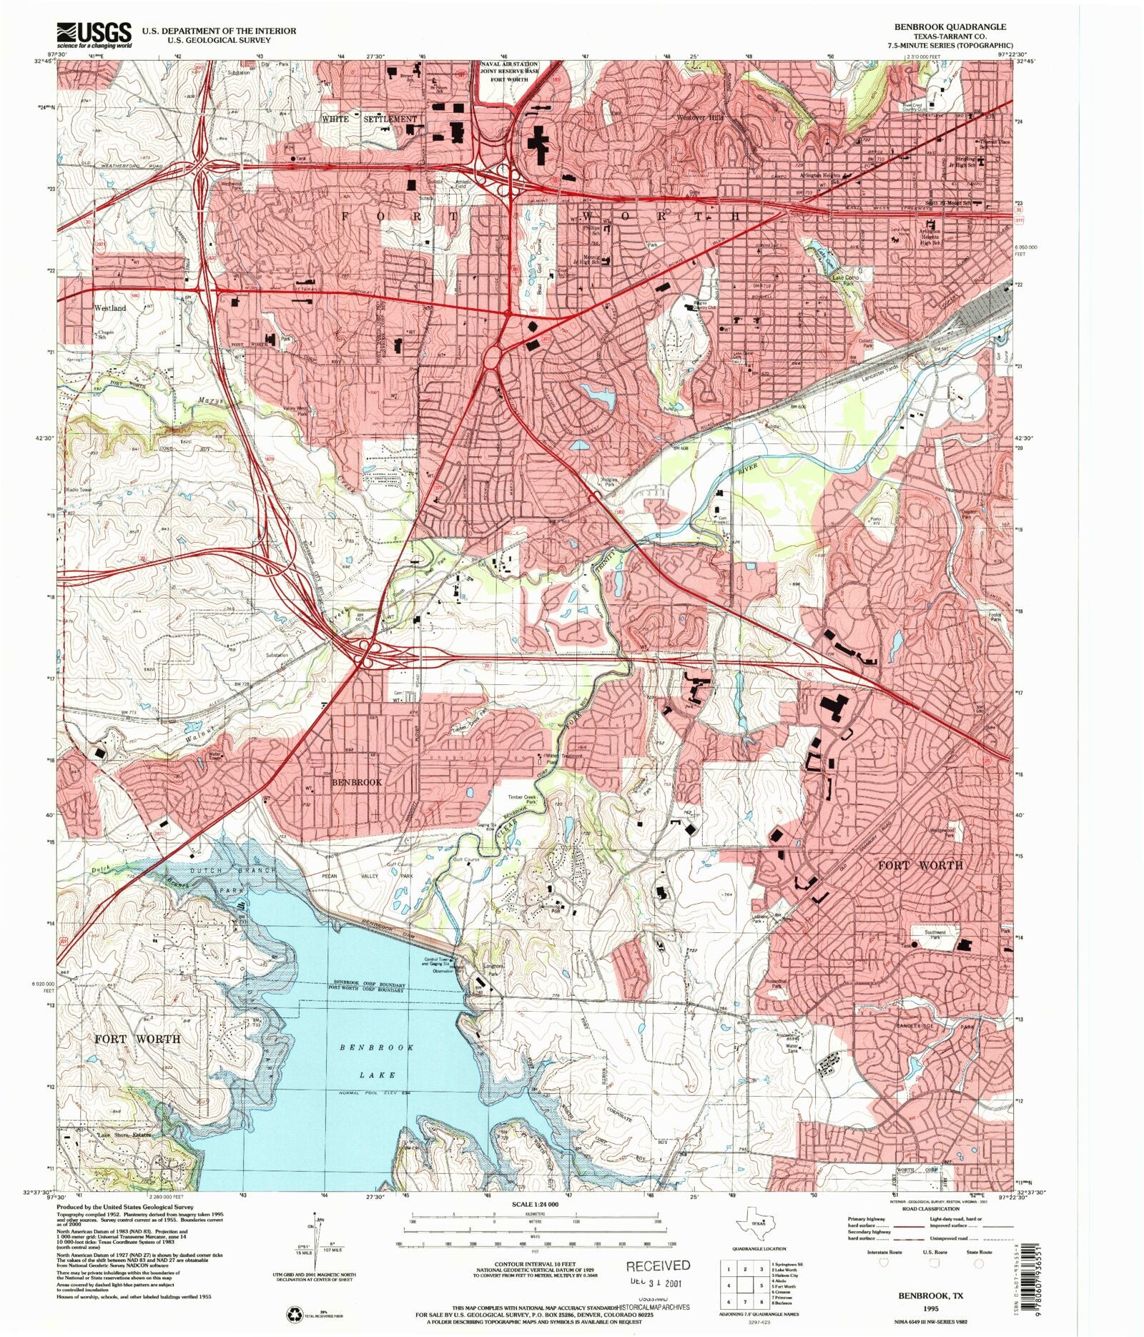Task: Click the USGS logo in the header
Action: coord(94,34)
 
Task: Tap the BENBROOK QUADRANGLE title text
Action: coord(950,26)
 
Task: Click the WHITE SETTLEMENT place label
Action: coord(369,119)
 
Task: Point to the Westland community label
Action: coord(110,308)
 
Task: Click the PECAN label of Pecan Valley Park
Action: coord(330,875)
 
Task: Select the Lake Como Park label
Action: coord(844,280)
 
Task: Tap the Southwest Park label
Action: coord(935,934)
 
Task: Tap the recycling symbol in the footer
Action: coord(293,1313)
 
